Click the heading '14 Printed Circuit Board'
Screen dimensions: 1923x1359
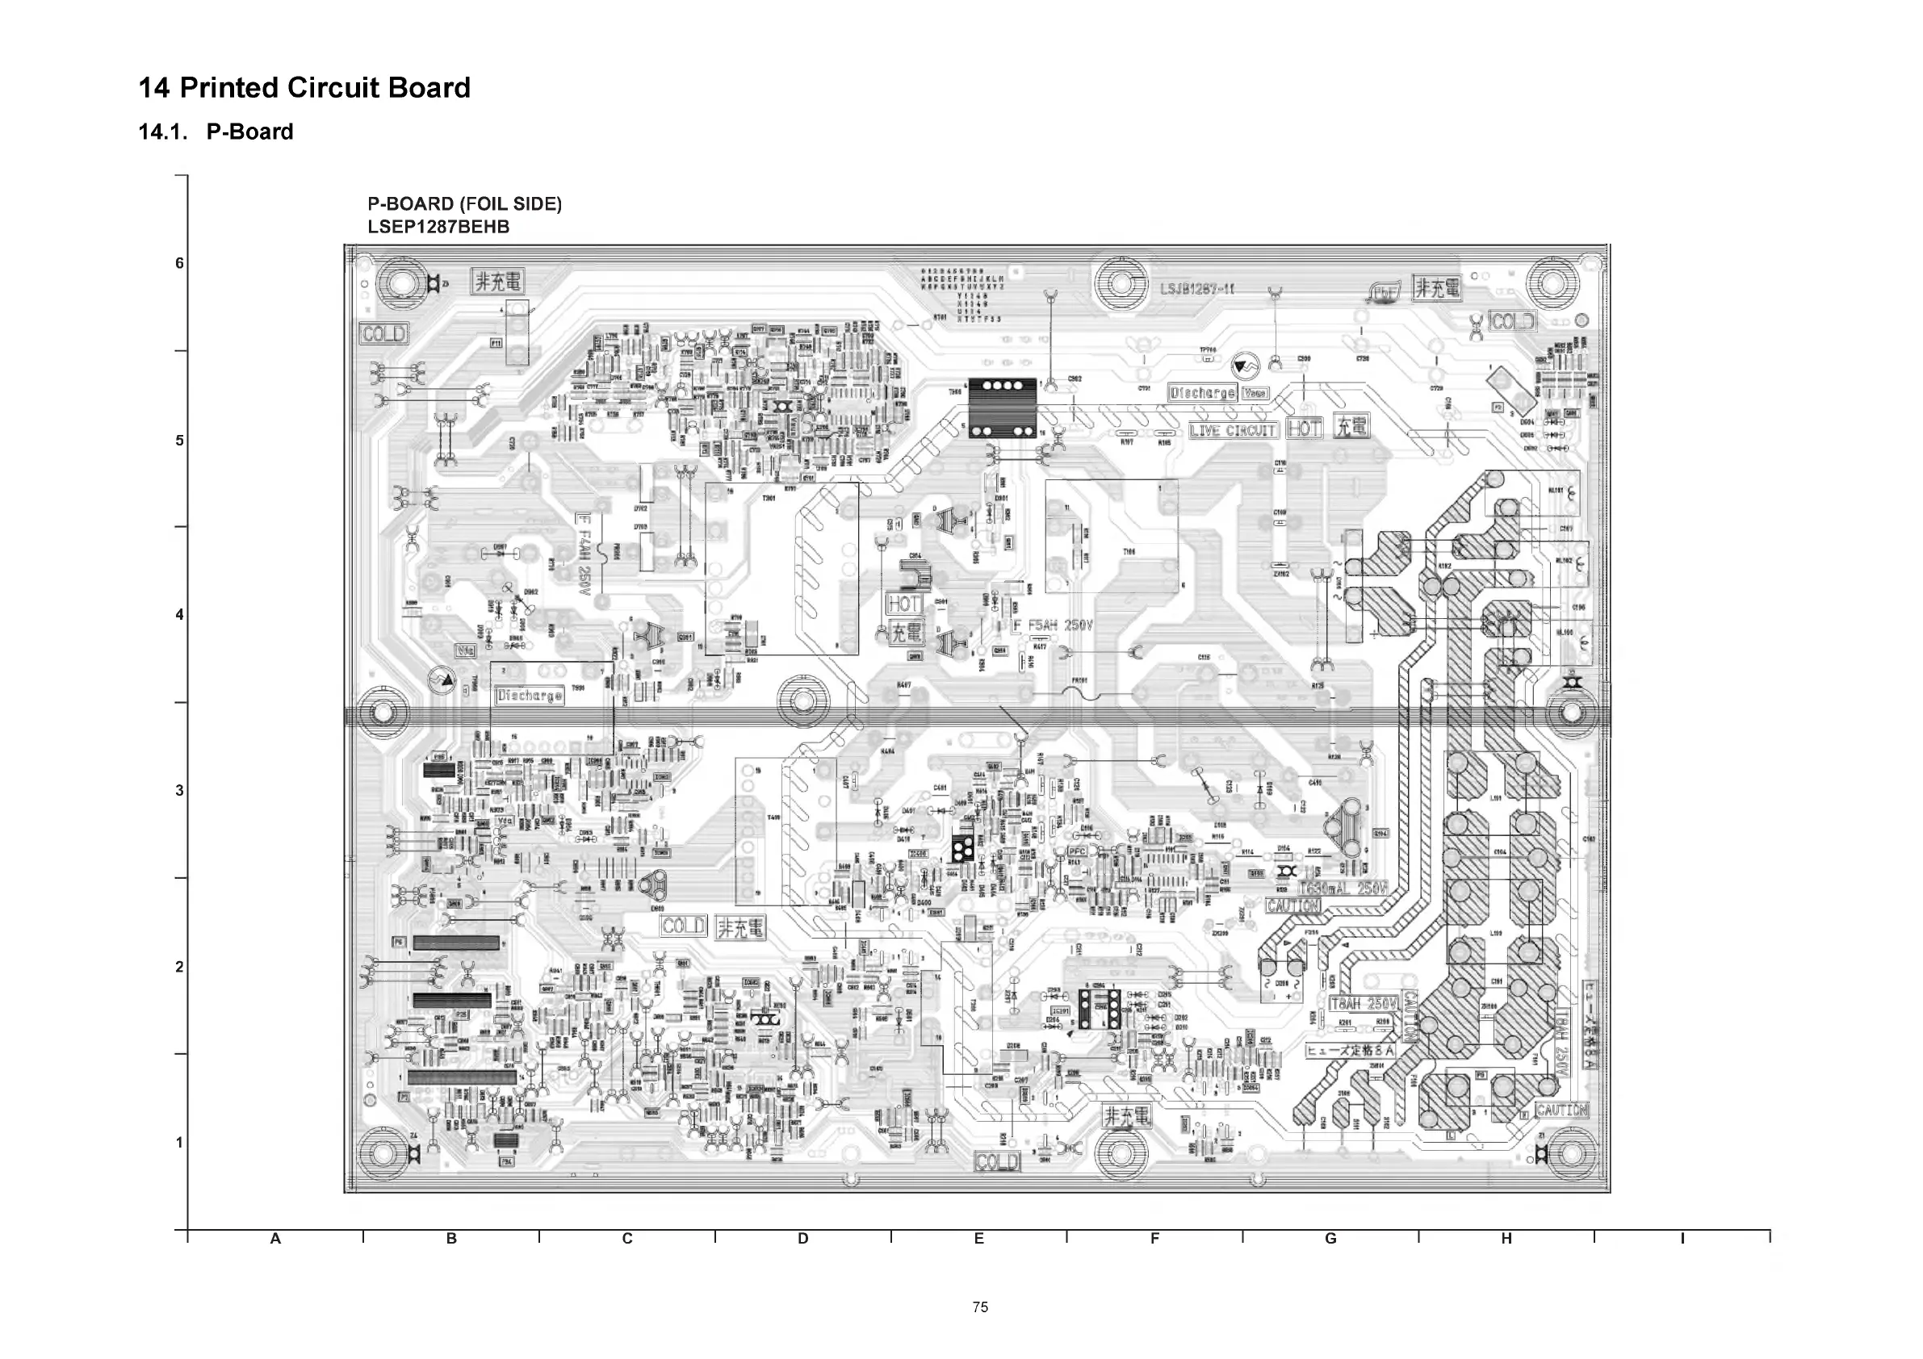tap(304, 88)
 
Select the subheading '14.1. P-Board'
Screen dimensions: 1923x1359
tap(216, 132)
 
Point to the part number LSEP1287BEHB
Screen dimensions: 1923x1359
tap(438, 227)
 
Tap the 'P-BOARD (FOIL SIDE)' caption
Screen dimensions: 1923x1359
tap(465, 203)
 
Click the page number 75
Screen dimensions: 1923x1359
tap(981, 1307)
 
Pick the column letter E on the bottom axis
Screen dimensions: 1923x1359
tap(978, 1239)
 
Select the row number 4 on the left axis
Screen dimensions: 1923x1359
tap(179, 615)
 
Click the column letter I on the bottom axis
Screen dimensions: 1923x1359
tap(1682, 1239)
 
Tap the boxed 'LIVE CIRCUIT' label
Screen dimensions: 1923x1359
tap(1233, 430)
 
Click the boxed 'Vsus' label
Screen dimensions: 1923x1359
tap(1255, 393)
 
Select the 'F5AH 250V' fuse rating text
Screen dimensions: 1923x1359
tap(1053, 625)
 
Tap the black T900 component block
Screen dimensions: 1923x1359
tap(1003, 408)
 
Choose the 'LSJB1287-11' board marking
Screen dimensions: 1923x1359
tap(1197, 290)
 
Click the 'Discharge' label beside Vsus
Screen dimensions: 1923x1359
tap(1203, 393)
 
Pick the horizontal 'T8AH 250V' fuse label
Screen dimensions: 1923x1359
tap(1364, 1003)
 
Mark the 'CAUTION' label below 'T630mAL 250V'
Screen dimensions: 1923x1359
tap(1292, 906)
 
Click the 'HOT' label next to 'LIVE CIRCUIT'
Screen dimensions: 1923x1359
tap(1304, 429)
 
